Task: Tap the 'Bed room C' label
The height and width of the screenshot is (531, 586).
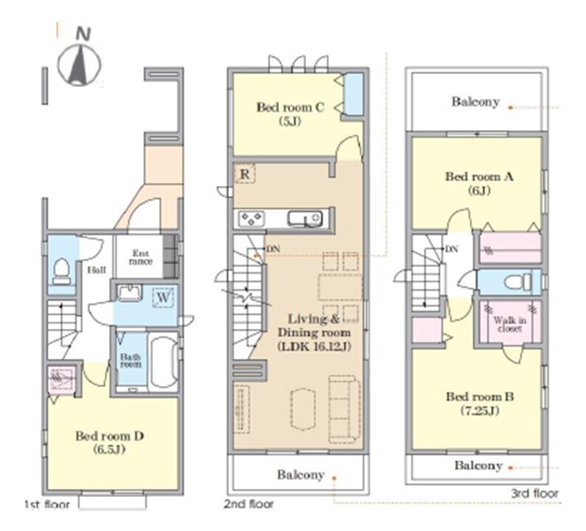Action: click(289, 108)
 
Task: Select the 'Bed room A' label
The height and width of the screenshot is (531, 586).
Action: click(479, 176)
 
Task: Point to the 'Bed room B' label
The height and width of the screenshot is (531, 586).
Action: click(480, 396)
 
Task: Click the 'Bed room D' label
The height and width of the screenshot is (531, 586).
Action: click(109, 436)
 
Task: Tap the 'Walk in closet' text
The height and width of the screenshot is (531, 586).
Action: click(510, 324)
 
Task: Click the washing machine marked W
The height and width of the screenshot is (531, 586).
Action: click(164, 297)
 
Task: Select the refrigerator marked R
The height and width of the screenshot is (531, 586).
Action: click(244, 174)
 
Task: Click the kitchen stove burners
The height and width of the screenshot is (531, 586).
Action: click(252, 218)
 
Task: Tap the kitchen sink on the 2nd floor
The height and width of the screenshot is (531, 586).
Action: click(305, 218)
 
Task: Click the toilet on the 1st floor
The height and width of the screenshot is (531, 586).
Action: click(62, 271)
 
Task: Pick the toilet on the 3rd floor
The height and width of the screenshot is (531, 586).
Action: click(518, 282)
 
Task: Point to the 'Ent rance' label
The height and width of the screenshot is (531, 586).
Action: click(139, 257)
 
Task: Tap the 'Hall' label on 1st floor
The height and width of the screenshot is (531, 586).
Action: click(97, 270)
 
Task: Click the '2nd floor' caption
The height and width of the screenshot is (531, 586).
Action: click(249, 504)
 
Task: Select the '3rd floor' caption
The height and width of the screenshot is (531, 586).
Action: click(534, 493)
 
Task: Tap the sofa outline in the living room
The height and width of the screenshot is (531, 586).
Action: click(344, 409)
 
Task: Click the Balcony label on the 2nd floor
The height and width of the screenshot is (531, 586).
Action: click(300, 475)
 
